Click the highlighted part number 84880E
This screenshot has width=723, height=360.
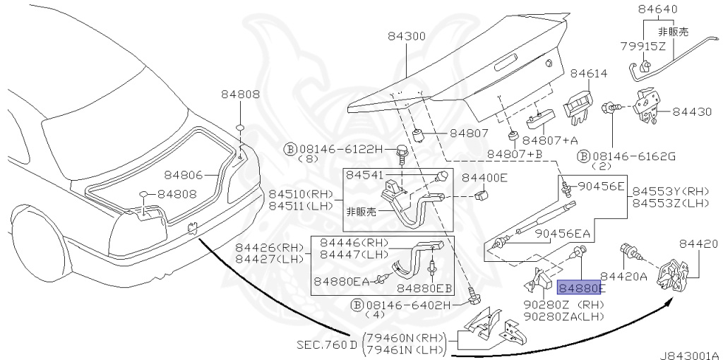tap(580, 288)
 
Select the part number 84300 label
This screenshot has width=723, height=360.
tap(407, 37)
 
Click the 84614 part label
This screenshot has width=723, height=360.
tap(589, 73)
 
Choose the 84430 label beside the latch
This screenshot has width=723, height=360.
tap(692, 112)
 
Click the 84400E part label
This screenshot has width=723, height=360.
tap(484, 178)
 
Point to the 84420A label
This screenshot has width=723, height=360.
tap(624, 277)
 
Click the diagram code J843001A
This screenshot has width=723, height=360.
tap(690, 355)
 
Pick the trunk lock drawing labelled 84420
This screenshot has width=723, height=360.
tap(672, 277)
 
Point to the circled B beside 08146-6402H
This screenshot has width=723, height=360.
tap(356, 305)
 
